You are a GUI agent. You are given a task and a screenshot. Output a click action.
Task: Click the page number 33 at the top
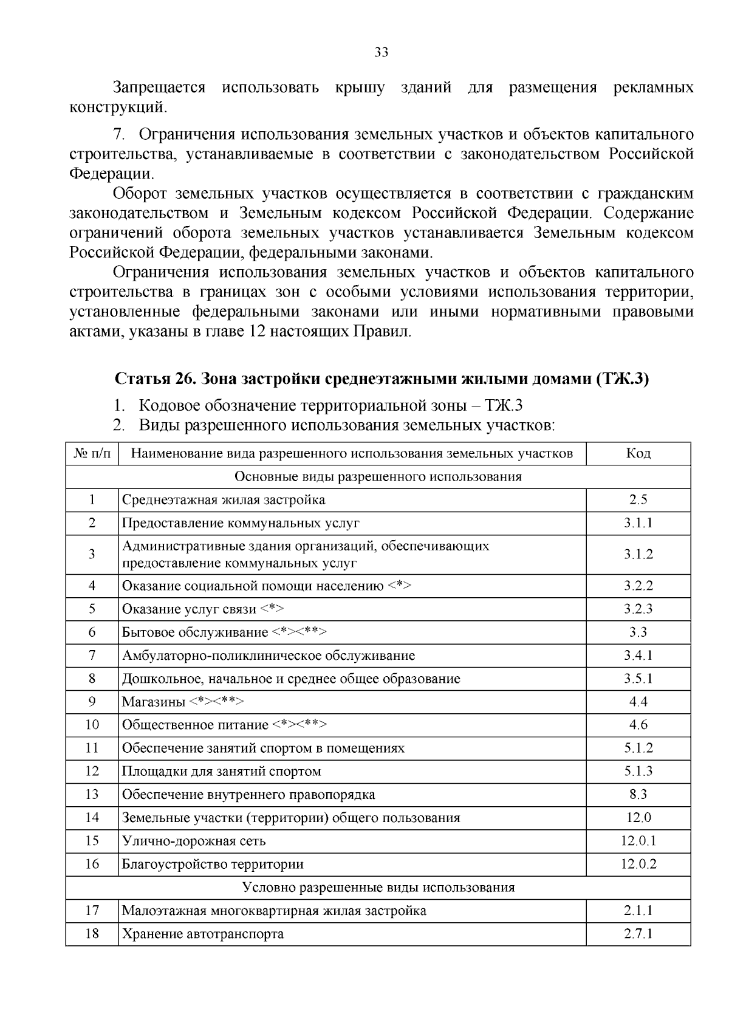click(x=381, y=52)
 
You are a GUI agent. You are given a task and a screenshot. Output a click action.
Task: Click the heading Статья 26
click(x=152, y=378)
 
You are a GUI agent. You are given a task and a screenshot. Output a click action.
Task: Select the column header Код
click(x=638, y=453)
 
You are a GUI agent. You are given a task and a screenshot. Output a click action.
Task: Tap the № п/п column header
click(x=92, y=453)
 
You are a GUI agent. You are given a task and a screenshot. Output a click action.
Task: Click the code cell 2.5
click(x=638, y=499)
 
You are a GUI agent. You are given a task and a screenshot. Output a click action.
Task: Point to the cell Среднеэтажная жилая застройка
click(x=224, y=499)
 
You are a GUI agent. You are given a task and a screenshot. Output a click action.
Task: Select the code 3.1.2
click(x=638, y=554)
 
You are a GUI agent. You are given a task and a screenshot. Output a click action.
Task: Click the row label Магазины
click(x=154, y=702)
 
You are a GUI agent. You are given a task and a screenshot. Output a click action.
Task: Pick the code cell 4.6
click(x=638, y=725)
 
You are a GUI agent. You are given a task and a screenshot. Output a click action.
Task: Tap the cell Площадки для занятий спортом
click(x=222, y=772)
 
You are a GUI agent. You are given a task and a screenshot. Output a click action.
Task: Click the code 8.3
click(x=638, y=795)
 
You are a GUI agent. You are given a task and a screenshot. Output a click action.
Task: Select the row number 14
click(x=92, y=818)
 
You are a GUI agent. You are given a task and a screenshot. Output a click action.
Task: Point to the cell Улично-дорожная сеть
click(x=194, y=841)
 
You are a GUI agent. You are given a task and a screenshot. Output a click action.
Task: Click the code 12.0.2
click(x=638, y=864)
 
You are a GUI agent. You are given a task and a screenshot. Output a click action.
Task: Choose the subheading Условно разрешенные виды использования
click(x=378, y=888)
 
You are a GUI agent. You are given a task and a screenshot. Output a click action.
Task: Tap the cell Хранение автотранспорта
click(x=203, y=934)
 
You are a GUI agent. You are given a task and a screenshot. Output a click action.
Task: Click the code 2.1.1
click(x=638, y=911)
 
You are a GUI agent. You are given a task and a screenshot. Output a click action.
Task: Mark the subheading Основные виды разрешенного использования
click(x=378, y=476)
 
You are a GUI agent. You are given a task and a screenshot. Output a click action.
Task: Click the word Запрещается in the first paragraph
click(x=160, y=87)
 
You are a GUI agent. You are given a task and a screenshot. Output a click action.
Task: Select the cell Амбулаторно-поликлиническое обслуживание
click(x=269, y=656)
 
